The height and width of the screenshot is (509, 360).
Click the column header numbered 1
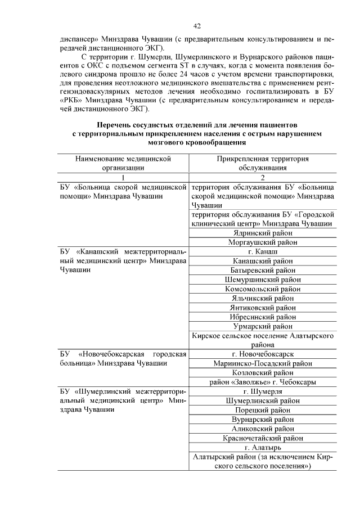(x=123, y=177)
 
